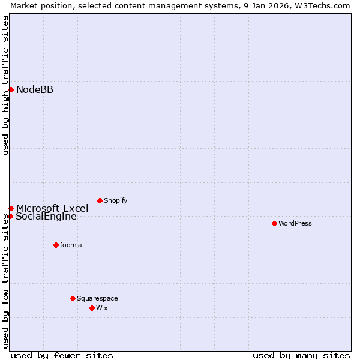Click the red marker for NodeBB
click(x=11, y=89)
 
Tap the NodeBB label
click(x=35, y=90)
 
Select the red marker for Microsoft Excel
click(x=11, y=208)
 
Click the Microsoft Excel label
click(x=52, y=209)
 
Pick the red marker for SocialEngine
click(x=10, y=216)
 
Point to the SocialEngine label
click(x=46, y=217)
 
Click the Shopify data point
click(x=100, y=200)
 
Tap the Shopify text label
click(x=115, y=201)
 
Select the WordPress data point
click(x=274, y=223)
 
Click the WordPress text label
click(x=295, y=224)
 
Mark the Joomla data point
click(x=56, y=245)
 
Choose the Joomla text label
click(x=71, y=245)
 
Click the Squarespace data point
click(x=73, y=298)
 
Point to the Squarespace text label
click(x=97, y=299)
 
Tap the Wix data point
click(x=92, y=308)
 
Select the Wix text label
click(x=102, y=308)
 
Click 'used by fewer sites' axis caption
click(x=62, y=355)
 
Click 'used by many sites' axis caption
click(x=301, y=355)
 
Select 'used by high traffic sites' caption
click(x=5, y=85)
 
